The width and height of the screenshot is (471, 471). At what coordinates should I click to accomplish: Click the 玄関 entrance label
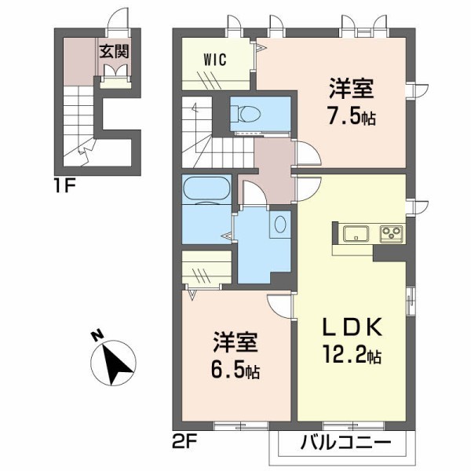pyautogui.click(x=114, y=51)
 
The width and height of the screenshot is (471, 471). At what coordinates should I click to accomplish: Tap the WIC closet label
pyautogui.click(x=215, y=60)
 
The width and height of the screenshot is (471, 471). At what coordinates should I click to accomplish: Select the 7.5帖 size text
pyautogui.click(x=352, y=118)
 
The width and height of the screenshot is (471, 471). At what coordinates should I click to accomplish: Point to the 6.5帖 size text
pyautogui.click(x=235, y=371)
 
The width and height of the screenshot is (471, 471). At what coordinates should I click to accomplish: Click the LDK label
pyautogui.click(x=352, y=327)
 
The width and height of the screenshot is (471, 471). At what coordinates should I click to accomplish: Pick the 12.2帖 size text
pyautogui.click(x=352, y=356)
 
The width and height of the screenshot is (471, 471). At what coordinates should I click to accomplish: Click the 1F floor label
pyautogui.click(x=64, y=187)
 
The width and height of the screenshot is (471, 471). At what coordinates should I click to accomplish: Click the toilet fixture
pyautogui.click(x=246, y=114)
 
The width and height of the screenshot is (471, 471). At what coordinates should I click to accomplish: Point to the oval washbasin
pyautogui.click(x=280, y=224)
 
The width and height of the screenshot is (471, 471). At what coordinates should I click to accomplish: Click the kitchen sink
pyautogui.click(x=356, y=233)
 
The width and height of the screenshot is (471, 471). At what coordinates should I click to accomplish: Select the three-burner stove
pyautogui.click(x=392, y=233)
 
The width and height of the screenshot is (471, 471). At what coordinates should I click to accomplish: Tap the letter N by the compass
pyautogui.click(x=97, y=335)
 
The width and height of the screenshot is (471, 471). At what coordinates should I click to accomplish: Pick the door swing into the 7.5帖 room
pyautogui.click(x=309, y=152)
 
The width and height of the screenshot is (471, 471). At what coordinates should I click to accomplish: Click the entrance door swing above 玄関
pyautogui.click(x=118, y=18)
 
